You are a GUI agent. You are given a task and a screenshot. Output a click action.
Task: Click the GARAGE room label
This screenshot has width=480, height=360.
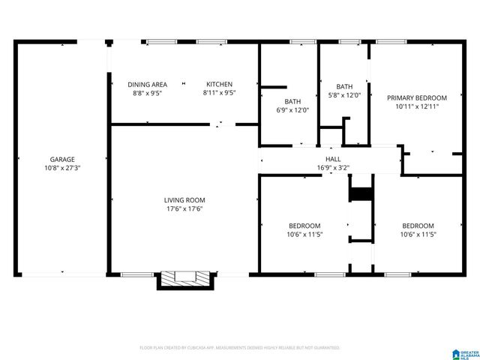click(62, 159)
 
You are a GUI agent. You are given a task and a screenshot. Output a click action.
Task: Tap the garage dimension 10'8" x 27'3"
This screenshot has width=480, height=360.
click(62, 168)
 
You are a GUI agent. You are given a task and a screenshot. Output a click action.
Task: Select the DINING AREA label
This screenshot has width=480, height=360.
click(147, 84)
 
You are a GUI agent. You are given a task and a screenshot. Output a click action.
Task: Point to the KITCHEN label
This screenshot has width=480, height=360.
click(220, 84)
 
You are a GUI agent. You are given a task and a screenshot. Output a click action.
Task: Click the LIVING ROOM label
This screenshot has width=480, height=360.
click(184, 199)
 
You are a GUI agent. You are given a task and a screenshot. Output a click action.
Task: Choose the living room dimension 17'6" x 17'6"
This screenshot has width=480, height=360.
click(184, 208)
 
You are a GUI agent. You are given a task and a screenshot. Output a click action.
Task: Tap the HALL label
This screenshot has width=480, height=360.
click(333, 159)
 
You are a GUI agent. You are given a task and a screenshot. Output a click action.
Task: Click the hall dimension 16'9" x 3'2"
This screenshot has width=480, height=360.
click(333, 167)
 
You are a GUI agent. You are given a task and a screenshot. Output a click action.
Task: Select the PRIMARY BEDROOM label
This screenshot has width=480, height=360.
click(416, 97)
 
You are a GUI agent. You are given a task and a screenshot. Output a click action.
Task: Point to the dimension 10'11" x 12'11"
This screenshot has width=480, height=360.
click(416, 106)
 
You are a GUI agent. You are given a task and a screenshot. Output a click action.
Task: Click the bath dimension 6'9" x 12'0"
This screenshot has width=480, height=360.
click(292, 110)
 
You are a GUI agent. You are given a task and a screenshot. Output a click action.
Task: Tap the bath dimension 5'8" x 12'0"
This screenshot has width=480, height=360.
click(345, 95)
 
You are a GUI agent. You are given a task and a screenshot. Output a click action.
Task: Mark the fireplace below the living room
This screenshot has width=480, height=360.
click(184, 277)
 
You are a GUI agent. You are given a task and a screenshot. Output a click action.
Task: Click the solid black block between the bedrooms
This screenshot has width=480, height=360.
click(362, 194)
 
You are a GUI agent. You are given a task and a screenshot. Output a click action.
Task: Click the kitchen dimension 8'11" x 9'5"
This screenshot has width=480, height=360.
click(220, 93)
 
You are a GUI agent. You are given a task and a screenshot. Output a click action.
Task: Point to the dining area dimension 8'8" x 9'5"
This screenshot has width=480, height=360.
click(147, 93)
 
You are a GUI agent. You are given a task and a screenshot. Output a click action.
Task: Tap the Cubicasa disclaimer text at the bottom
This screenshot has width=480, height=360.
click(240, 348)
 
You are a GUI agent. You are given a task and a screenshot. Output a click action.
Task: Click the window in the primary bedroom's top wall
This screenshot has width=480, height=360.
click(391, 41)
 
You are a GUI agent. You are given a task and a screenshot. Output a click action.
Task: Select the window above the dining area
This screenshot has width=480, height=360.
click(157, 41)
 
